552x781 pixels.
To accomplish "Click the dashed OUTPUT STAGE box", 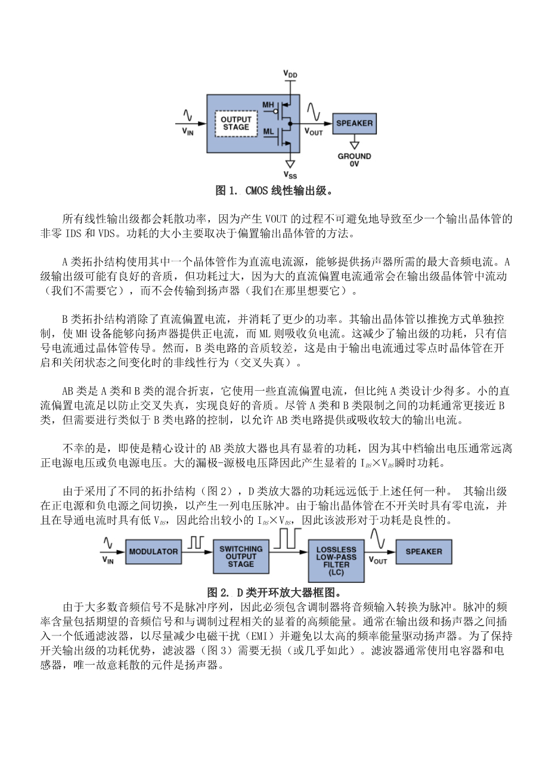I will click(x=235, y=123).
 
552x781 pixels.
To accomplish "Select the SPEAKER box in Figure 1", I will click(x=355, y=124).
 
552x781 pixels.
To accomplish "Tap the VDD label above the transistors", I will click(x=290, y=74).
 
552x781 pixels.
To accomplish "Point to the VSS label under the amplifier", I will click(x=290, y=175).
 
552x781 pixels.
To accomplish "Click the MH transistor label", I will click(x=268, y=105).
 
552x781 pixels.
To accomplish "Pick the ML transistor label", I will click(x=268, y=131).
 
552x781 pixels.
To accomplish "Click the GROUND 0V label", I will click(x=355, y=159).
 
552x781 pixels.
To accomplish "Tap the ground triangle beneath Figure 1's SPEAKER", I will click(x=355, y=144).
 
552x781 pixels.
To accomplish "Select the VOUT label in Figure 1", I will click(x=314, y=131).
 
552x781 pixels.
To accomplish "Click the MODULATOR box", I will click(x=153, y=552).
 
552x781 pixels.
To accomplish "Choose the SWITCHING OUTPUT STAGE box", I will click(x=241, y=556).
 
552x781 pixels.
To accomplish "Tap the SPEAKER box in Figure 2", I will click(x=424, y=552).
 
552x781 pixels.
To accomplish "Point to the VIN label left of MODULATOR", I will click(x=108, y=560).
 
